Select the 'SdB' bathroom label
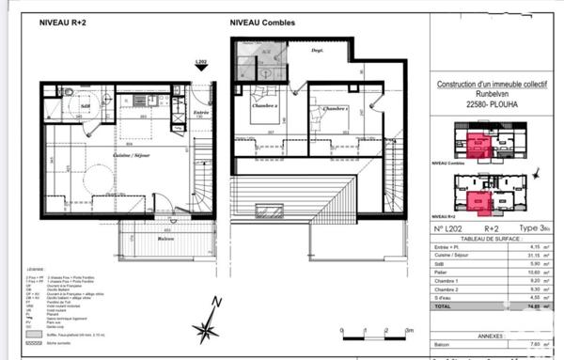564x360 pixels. click(86, 106)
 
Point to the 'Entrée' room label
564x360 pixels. click(200, 113)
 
